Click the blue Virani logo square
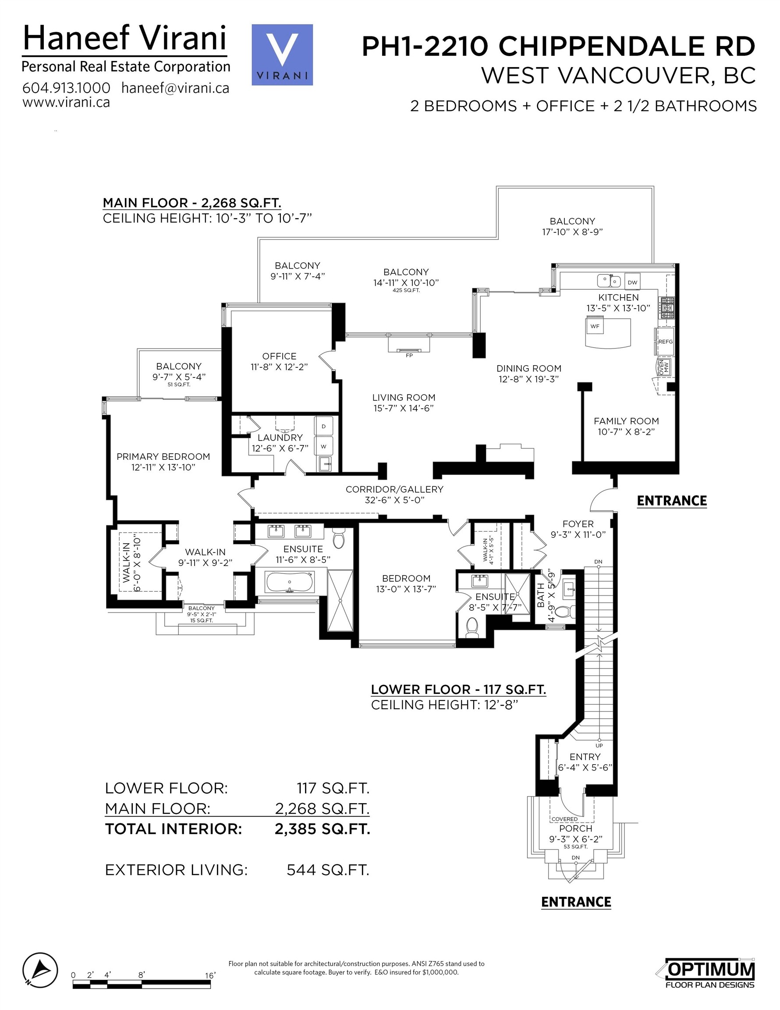coord(282,54)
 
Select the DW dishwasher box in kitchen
coord(632,281)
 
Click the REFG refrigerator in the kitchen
coord(665,341)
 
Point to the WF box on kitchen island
coord(595,326)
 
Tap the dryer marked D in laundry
coord(324,426)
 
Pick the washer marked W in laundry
coord(324,446)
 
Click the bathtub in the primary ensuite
coord(290,582)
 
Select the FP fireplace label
coord(409,355)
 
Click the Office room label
coord(279,356)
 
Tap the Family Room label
coord(626,421)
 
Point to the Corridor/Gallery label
coord(394,489)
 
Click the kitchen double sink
coord(609,280)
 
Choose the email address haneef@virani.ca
coord(175,87)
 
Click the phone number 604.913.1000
coord(66,87)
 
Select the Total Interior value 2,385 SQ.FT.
coord(322,829)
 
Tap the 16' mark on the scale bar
coord(210,975)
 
